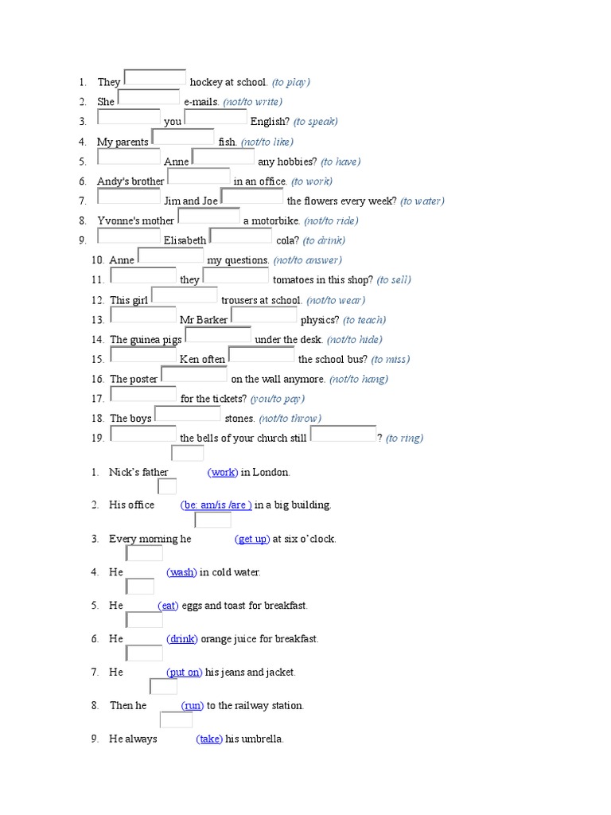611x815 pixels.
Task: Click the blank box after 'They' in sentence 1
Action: pos(155,77)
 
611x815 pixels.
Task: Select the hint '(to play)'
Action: pos(290,82)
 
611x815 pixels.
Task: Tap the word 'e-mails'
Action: pos(200,102)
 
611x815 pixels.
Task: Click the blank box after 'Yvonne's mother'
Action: pos(208,216)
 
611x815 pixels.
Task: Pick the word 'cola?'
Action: pos(286,240)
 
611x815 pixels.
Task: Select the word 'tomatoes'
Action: pos(299,280)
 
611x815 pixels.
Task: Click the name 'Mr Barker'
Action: pos(204,320)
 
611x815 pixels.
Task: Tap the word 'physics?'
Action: pos(320,320)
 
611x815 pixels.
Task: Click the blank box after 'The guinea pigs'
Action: pos(218,335)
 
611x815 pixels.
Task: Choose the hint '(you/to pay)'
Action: pos(278,399)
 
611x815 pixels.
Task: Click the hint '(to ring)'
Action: pos(404,438)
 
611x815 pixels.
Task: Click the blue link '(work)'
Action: pos(223,472)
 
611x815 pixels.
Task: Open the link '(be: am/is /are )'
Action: pos(216,505)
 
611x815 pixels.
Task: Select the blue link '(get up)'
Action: pos(252,539)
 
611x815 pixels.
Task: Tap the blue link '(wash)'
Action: pos(181,572)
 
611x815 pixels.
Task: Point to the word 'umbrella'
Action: pos(261,739)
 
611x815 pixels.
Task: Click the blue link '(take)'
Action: pos(209,739)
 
